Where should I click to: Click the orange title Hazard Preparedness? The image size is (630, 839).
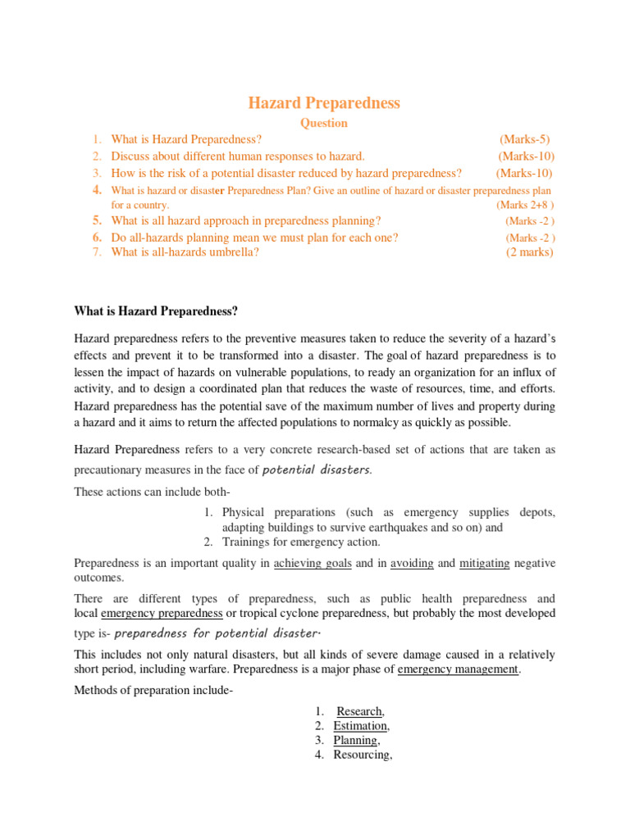324,102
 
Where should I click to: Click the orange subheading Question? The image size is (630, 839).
324,124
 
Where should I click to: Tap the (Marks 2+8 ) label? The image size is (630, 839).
525,205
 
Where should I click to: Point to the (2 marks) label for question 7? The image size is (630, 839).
529,252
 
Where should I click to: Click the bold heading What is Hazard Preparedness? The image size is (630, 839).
156,311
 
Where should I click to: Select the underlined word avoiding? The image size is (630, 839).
412,563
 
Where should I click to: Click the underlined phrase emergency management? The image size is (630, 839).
459,669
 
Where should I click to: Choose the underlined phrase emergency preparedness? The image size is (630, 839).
162,613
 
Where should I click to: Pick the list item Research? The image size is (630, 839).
359,711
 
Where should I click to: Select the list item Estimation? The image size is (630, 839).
360,726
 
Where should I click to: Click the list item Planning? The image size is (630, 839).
355,740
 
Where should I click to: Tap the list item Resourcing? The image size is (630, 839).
362,755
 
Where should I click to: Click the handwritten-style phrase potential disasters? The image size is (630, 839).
317,469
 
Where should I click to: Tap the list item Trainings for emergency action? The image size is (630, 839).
301,542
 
